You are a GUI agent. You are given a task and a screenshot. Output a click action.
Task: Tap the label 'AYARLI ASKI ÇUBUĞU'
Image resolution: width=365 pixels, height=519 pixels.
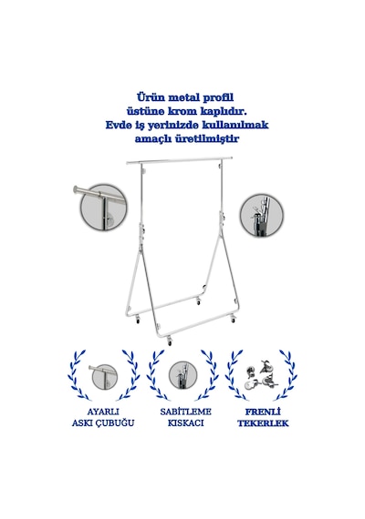(x=103, y=417)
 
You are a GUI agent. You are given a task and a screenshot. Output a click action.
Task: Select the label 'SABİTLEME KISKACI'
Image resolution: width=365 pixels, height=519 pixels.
(x=185, y=417)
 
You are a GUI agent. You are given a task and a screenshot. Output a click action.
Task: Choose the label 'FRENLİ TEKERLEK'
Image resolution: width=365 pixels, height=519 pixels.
(x=263, y=417)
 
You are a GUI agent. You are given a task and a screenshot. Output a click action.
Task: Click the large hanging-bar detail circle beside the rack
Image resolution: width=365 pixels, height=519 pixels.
(x=103, y=208)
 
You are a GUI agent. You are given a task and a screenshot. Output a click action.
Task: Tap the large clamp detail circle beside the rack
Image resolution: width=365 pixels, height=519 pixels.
(x=262, y=215)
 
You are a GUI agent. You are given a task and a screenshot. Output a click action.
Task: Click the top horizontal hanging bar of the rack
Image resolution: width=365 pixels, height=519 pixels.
(x=179, y=161)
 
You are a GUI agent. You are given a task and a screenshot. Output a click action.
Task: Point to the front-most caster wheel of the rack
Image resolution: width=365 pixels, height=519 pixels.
(x=170, y=341)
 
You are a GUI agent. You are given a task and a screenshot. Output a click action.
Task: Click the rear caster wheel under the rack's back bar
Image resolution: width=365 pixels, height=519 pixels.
(x=198, y=301)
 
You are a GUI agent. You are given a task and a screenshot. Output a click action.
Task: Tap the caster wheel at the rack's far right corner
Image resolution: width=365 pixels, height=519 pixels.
(x=233, y=320)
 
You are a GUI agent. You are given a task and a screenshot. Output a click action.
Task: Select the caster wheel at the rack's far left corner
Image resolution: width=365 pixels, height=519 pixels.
(x=138, y=320)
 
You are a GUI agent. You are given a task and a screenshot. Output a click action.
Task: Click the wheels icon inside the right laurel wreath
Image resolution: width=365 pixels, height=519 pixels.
(x=262, y=374)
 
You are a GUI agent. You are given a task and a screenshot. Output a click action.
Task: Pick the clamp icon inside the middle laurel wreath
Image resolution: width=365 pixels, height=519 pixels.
(x=182, y=375)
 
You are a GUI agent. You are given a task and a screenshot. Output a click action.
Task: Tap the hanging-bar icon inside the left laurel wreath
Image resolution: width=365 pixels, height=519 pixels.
(x=103, y=376)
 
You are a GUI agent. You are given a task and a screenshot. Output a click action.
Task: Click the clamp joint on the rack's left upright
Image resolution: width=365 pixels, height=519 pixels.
(x=141, y=230)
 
